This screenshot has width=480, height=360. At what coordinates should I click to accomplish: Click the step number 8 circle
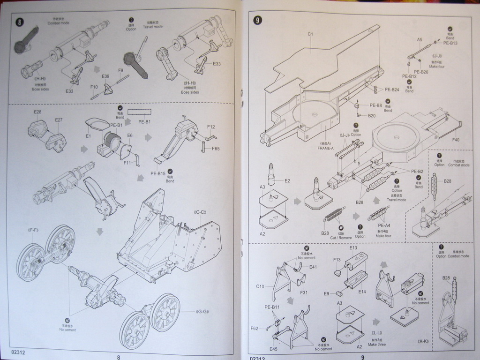(19, 22)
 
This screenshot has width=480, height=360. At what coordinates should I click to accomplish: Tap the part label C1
(310, 34)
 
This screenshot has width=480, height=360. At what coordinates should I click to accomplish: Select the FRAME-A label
(325, 148)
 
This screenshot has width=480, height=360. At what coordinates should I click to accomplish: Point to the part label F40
(456, 139)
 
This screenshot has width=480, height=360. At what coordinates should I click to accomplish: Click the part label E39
(105, 76)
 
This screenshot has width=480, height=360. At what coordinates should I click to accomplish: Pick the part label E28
(37, 112)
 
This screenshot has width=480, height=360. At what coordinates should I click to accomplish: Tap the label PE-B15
(158, 173)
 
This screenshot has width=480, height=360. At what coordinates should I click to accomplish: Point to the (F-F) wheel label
(33, 230)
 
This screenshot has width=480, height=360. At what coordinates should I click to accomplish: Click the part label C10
(261, 286)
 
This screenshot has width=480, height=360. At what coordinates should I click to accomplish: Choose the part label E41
(313, 267)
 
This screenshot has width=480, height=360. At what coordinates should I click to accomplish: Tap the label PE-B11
(272, 307)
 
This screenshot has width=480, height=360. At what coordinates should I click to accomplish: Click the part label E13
(353, 247)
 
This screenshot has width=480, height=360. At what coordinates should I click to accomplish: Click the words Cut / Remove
(341, 238)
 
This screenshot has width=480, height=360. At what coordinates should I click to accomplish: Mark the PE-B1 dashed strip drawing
(140, 112)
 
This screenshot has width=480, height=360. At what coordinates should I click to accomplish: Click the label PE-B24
(392, 90)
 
